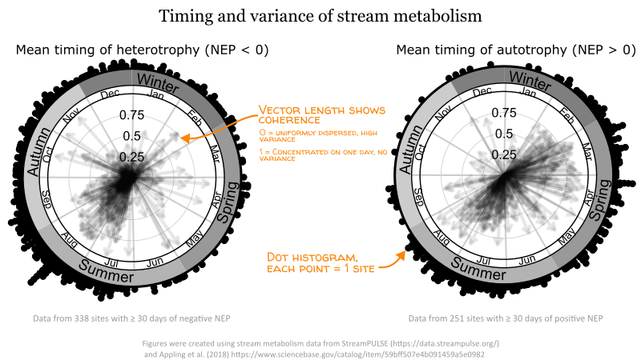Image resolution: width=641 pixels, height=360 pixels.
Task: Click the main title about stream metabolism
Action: click(320, 16)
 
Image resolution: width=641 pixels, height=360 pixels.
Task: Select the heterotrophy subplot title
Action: click(142, 50)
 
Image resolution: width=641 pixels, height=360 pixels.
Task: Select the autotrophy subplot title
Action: click(515, 50)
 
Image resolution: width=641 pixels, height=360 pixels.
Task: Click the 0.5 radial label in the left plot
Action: click(131, 135)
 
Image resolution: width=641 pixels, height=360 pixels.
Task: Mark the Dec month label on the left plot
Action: click(111, 94)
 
